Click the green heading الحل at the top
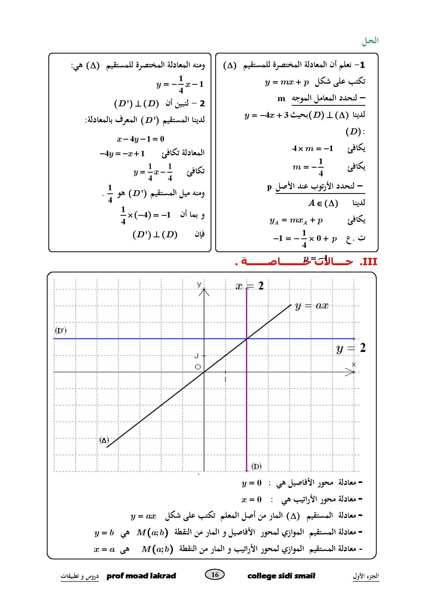tap(370, 41)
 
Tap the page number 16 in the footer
tap(215, 574)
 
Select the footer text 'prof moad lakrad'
tap(141, 576)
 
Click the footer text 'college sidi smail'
tap(281, 576)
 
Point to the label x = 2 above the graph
tap(249, 286)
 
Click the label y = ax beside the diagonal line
tap(311, 306)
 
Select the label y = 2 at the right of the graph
tap(350, 348)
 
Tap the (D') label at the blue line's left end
tap(61, 331)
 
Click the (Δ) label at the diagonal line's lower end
tap(104, 440)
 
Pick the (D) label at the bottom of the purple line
tap(256, 466)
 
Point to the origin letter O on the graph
tap(198, 367)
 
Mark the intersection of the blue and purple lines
tap(246, 339)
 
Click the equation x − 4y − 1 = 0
tap(141, 139)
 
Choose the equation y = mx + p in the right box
tap(287, 82)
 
